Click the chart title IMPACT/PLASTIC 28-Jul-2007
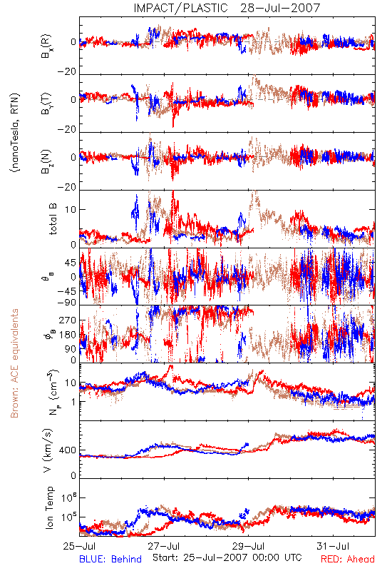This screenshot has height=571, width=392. pyautogui.click(x=227, y=8)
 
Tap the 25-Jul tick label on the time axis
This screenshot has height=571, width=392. pyautogui.click(x=80, y=546)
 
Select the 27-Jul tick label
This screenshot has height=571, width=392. pyautogui.click(x=164, y=546)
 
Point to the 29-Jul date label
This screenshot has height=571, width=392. pyautogui.click(x=248, y=546)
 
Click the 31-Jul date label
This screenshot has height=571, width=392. pyautogui.click(x=333, y=546)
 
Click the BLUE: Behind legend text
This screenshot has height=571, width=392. pyautogui.click(x=110, y=559)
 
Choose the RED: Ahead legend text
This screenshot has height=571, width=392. pyautogui.click(x=348, y=559)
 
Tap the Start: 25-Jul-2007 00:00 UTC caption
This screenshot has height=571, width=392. pyautogui.click(x=227, y=557)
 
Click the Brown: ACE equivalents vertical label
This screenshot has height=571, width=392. pyautogui.click(x=14, y=363)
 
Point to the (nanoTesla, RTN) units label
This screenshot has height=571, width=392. pyautogui.click(x=15, y=133)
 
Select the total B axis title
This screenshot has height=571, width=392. pyautogui.click(x=53, y=219)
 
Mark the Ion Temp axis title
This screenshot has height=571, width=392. pyautogui.click(x=49, y=507)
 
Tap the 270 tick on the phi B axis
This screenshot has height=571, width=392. pyautogui.click(x=68, y=320)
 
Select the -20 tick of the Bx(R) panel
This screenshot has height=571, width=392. pyautogui.click(x=66, y=72)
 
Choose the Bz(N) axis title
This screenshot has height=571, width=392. pyautogui.click(x=46, y=161)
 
